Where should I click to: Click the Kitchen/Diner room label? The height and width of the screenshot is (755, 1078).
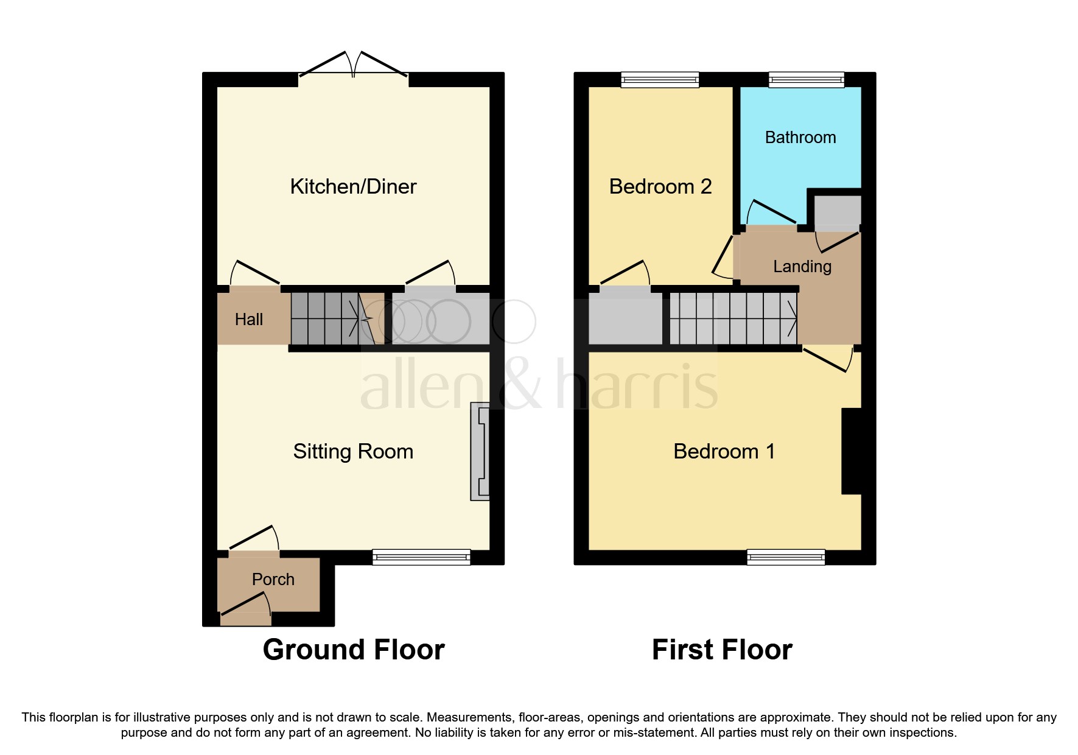point(353,186)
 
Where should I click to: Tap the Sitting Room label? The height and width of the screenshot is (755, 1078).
point(353,451)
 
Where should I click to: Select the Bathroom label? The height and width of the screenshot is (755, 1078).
point(800,138)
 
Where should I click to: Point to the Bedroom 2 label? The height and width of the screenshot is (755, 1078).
point(660,186)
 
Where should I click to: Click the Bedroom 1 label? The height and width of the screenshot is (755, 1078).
point(724,451)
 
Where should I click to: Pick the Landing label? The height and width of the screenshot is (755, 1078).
point(802,267)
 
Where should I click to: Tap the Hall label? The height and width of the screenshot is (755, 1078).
point(248,319)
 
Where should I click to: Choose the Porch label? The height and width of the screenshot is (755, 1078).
point(273,579)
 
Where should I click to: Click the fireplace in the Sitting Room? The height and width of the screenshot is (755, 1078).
point(480,451)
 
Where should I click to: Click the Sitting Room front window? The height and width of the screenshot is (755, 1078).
point(421,557)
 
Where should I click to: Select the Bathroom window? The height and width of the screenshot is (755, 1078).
point(806,79)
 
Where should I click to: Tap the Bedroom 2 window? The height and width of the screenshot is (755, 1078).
point(660,79)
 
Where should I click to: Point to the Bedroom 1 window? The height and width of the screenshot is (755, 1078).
point(785,557)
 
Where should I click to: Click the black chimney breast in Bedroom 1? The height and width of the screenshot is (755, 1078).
point(851,451)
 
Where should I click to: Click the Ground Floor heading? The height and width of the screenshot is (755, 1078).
point(353,650)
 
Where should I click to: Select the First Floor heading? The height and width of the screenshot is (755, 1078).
point(722,650)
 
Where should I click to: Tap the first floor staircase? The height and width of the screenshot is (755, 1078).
point(733,318)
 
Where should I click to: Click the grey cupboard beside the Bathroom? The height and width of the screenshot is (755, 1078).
point(838,210)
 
